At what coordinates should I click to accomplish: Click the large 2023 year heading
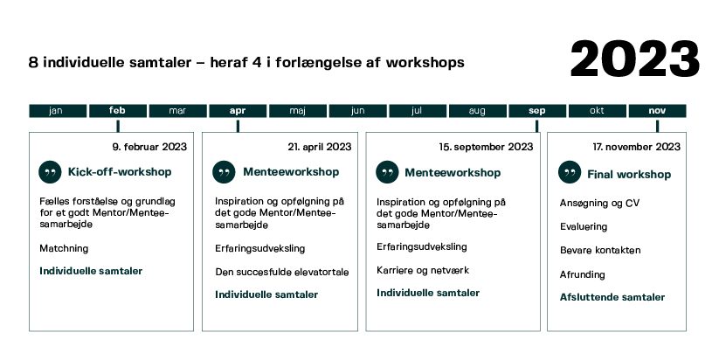coord(635,59)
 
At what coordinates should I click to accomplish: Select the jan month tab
coord(58,111)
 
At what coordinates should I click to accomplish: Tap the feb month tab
coord(118,111)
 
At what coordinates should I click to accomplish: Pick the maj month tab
coord(298,111)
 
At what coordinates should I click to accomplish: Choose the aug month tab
coord(478,111)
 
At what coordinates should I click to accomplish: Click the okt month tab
coord(598,111)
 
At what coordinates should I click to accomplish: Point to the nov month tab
coord(658,111)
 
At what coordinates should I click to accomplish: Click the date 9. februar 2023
coord(149,147)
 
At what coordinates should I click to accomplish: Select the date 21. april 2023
coord(320,147)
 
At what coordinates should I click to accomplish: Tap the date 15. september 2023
coord(486,147)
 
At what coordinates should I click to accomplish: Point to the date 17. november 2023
coord(637,147)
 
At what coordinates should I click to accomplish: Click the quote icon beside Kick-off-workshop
coord(50,172)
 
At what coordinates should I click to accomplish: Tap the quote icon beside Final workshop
coord(570,172)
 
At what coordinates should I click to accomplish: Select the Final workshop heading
coord(629,174)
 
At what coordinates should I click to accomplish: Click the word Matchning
coord(64,248)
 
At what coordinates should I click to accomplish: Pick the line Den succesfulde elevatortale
coord(282,272)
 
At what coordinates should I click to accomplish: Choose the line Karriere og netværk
coord(423,270)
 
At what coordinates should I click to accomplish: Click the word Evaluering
coord(584,226)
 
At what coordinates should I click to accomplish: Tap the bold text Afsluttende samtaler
coord(612,297)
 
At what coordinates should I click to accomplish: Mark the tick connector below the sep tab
coord(537,126)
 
